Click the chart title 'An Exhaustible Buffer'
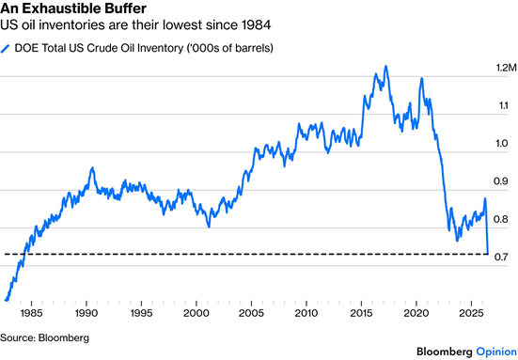click(x=73, y=8)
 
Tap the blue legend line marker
click(x=6, y=49)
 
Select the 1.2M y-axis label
click(x=506, y=68)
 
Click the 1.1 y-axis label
click(x=503, y=105)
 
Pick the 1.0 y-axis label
click(x=501, y=144)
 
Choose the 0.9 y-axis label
click(x=501, y=181)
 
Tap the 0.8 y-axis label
click(x=501, y=219)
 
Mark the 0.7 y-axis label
click(x=501, y=257)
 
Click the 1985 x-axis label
click(x=31, y=313)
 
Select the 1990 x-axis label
click(x=86, y=313)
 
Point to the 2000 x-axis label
click(x=196, y=313)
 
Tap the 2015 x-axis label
click(x=361, y=313)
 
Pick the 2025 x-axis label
click(x=471, y=313)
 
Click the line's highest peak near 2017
click(x=385, y=66)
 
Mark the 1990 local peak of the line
click(x=92, y=168)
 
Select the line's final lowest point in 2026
click(x=488, y=254)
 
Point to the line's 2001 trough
click(x=209, y=227)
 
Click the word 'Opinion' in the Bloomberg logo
click(x=496, y=352)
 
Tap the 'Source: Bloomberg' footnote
click(x=44, y=337)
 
